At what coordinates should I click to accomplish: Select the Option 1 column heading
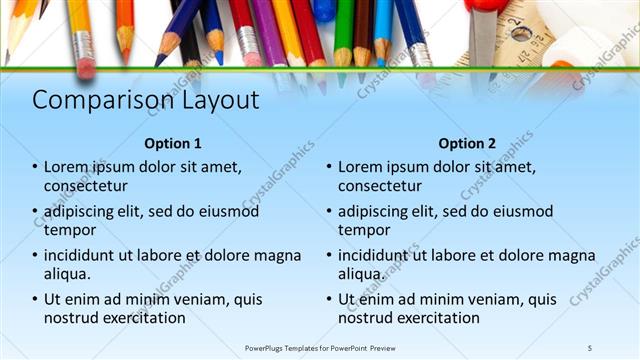[172, 143]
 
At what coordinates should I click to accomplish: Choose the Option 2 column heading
[466, 143]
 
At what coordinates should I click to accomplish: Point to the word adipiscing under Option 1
[81, 212]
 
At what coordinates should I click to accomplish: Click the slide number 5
[589, 347]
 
